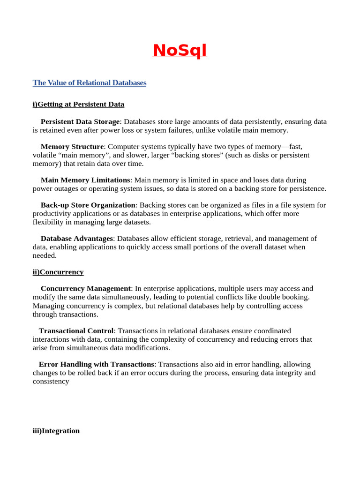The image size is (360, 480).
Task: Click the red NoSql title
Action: (180, 50)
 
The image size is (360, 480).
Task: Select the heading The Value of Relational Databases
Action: (90, 83)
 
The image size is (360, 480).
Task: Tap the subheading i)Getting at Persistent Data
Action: (78, 104)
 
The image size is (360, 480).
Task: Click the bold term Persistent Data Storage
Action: (80, 122)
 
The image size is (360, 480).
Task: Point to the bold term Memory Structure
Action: (72, 147)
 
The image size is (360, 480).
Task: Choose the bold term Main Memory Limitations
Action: (85, 180)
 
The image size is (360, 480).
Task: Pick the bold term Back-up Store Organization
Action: (88, 205)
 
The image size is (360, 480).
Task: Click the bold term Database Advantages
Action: (77, 239)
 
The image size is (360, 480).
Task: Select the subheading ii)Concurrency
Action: (58, 272)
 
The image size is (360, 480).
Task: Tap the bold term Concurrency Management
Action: (86, 289)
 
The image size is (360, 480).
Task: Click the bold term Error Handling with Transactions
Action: (96, 364)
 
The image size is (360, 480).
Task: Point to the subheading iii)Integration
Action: (56, 431)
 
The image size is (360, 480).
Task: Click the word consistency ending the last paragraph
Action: (51, 382)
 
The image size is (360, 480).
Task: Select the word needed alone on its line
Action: (45, 255)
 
